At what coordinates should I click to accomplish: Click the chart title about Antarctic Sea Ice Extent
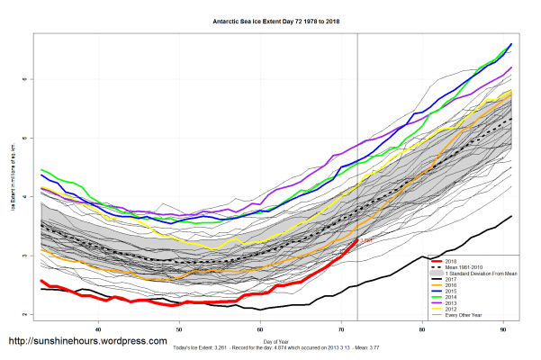point(270,20)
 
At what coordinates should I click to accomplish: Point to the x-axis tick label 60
point(260,329)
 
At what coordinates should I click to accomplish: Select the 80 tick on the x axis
point(422,329)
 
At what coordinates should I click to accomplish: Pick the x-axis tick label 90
point(503,329)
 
